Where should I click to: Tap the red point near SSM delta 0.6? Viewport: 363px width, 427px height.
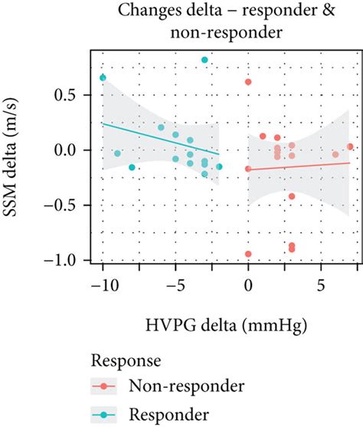[248, 82]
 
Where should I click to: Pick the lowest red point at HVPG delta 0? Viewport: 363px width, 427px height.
[248, 254]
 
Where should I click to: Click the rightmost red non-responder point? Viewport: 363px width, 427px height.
[350, 146]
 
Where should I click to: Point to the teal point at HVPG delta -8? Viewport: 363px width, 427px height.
[132, 167]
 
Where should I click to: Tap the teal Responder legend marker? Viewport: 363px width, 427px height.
[104, 414]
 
